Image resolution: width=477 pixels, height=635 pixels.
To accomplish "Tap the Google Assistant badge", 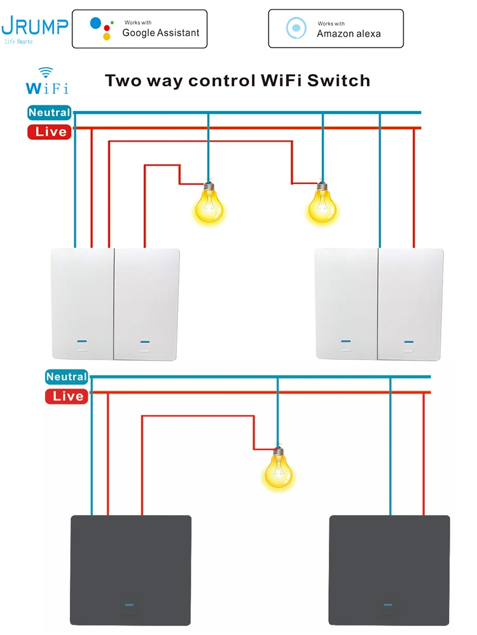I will pyautogui.click(x=139, y=29).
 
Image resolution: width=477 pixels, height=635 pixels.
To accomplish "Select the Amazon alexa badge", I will pyautogui.click(x=335, y=29).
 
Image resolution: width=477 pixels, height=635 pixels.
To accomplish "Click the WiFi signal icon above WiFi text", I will pyautogui.click(x=45, y=72).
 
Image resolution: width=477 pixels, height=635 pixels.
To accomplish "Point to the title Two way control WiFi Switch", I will pyautogui.click(x=237, y=81).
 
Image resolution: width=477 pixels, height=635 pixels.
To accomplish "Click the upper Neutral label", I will pyautogui.click(x=49, y=112).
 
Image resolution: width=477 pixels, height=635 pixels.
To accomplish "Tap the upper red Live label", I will pyautogui.click(x=49, y=131).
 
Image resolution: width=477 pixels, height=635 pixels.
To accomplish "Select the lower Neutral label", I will pyautogui.click(x=66, y=377).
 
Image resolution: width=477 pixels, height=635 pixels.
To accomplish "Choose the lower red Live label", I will pyautogui.click(x=66, y=396).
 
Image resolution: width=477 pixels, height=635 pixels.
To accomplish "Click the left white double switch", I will pyautogui.click(x=115, y=304).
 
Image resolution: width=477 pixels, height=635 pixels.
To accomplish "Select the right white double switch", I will pyautogui.click(x=380, y=304).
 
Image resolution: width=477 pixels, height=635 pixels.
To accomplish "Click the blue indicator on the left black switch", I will pyautogui.click(x=130, y=605).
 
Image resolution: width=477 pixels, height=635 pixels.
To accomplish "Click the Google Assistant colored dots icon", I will pyautogui.click(x=100, y=28).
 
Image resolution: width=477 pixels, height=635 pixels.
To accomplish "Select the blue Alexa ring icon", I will pyautogui.click(x=296, y=28).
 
